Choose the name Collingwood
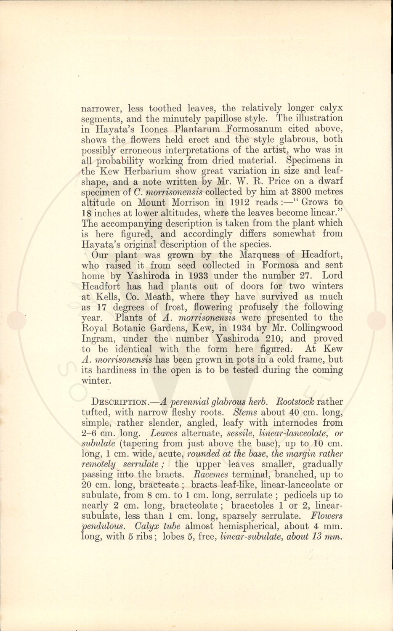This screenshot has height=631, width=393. pyautogui.click(x=316, y=328)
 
